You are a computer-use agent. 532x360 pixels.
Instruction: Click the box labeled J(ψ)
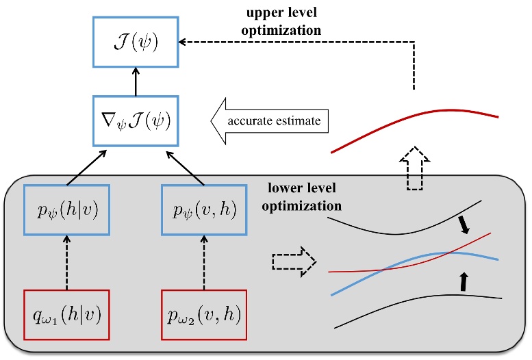pos(134,42)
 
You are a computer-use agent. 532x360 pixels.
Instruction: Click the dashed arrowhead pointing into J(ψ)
pos(183,42)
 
